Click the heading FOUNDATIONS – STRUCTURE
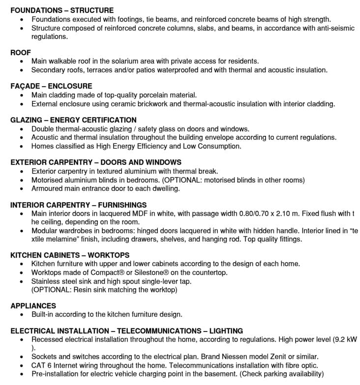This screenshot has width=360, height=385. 62,10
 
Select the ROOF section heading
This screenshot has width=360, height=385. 21,53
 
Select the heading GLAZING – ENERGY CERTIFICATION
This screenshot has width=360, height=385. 73,120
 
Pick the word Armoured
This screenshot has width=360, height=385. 47,188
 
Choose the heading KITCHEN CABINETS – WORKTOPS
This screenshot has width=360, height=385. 70,255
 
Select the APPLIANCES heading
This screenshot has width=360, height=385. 33,306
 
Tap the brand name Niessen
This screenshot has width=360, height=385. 226,356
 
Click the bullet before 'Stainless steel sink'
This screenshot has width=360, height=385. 21,281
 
